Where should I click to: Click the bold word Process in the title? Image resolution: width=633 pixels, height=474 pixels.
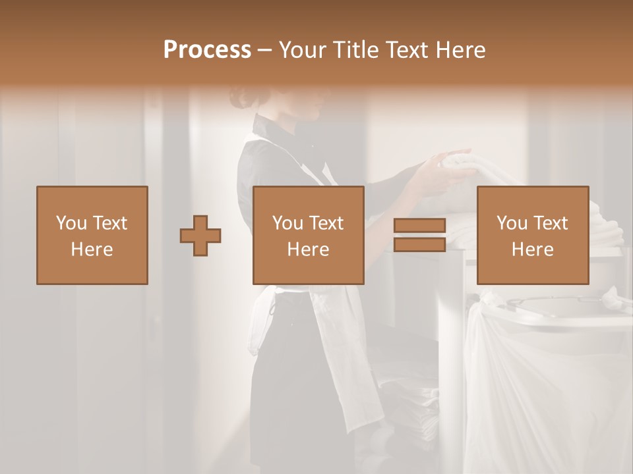[x=207, y=50]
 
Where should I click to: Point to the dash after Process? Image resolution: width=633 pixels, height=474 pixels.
[x=264, y=51]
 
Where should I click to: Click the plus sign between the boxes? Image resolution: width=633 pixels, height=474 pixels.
[x=200, y=236]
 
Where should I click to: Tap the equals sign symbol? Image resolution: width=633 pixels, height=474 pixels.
[x=419, y=235]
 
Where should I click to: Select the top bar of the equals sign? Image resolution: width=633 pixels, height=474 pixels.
[x=419, y=226]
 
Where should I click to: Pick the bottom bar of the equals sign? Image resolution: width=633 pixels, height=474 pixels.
[x=419, y=245]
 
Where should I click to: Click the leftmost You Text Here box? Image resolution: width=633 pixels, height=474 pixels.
[x=92, y=236]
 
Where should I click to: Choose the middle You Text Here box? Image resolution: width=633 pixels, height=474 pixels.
[x=308, y=236]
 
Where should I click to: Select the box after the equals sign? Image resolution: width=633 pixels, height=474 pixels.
[x=532, y=236]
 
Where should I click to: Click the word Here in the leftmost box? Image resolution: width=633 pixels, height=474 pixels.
[x=92, y=250]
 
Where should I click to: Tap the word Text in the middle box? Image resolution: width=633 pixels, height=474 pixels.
[x=326, y=223]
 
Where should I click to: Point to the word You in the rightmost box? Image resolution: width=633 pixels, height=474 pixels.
[x=512, y=223]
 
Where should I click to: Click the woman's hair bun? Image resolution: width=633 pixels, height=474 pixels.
[x=239, y=99]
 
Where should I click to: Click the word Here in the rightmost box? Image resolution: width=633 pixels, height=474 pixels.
[x=532, y=250]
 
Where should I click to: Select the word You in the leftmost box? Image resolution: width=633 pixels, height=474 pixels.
[x=72, y=223]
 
